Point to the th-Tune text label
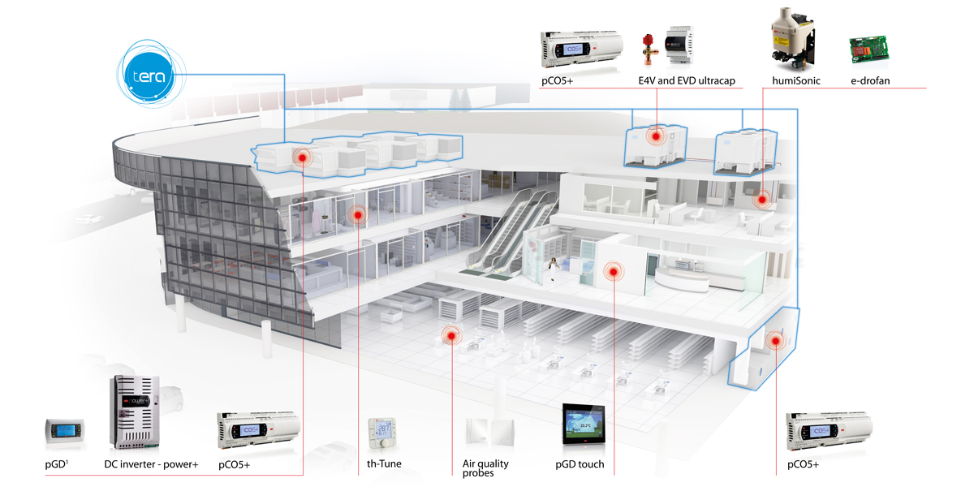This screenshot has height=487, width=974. (x=384, y=464)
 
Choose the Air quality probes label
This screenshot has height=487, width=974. (x=485, y=468)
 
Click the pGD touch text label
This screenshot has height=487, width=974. (x=580, y=464)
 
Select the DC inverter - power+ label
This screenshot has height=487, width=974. (x=151, y=464)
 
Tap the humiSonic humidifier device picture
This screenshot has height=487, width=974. (x=791, y=36)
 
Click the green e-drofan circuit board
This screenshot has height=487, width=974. (x=870, y=50)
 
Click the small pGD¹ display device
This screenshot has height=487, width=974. (x=64, y=433)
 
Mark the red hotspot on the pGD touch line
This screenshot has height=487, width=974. (x=614, y=271)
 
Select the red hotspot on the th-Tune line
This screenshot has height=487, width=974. (x=357, y=215)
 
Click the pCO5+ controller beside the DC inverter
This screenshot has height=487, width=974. (x=247, y=430)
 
